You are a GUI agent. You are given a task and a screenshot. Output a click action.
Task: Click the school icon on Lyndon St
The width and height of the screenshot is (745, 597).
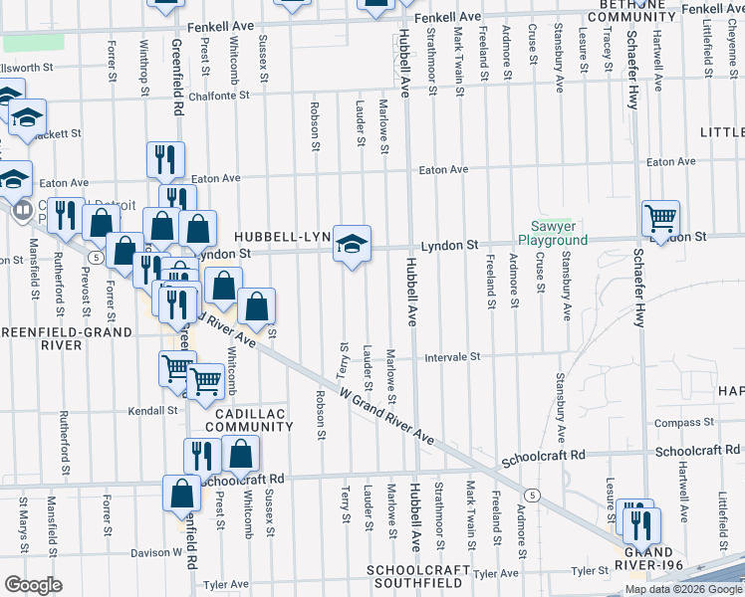click(x=350, y=245)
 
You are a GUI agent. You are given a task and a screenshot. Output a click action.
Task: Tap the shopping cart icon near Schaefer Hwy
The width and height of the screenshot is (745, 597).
click(x=660, y=218)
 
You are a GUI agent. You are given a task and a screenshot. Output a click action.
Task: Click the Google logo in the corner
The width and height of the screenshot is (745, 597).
click(x=33, y=584)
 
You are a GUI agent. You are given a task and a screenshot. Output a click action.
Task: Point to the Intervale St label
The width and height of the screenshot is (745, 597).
click(x=453, y=356)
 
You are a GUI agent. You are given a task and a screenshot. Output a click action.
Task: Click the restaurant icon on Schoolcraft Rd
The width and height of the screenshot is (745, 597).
click(x=202, y=456)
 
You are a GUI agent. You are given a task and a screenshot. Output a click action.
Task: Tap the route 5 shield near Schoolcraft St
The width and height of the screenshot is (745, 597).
click(x=534, y=495)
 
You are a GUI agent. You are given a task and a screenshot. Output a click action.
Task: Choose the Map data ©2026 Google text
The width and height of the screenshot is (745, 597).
click(x=682, y=589)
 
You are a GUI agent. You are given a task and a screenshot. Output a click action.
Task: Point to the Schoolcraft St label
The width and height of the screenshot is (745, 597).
click(x=539, y=461)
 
